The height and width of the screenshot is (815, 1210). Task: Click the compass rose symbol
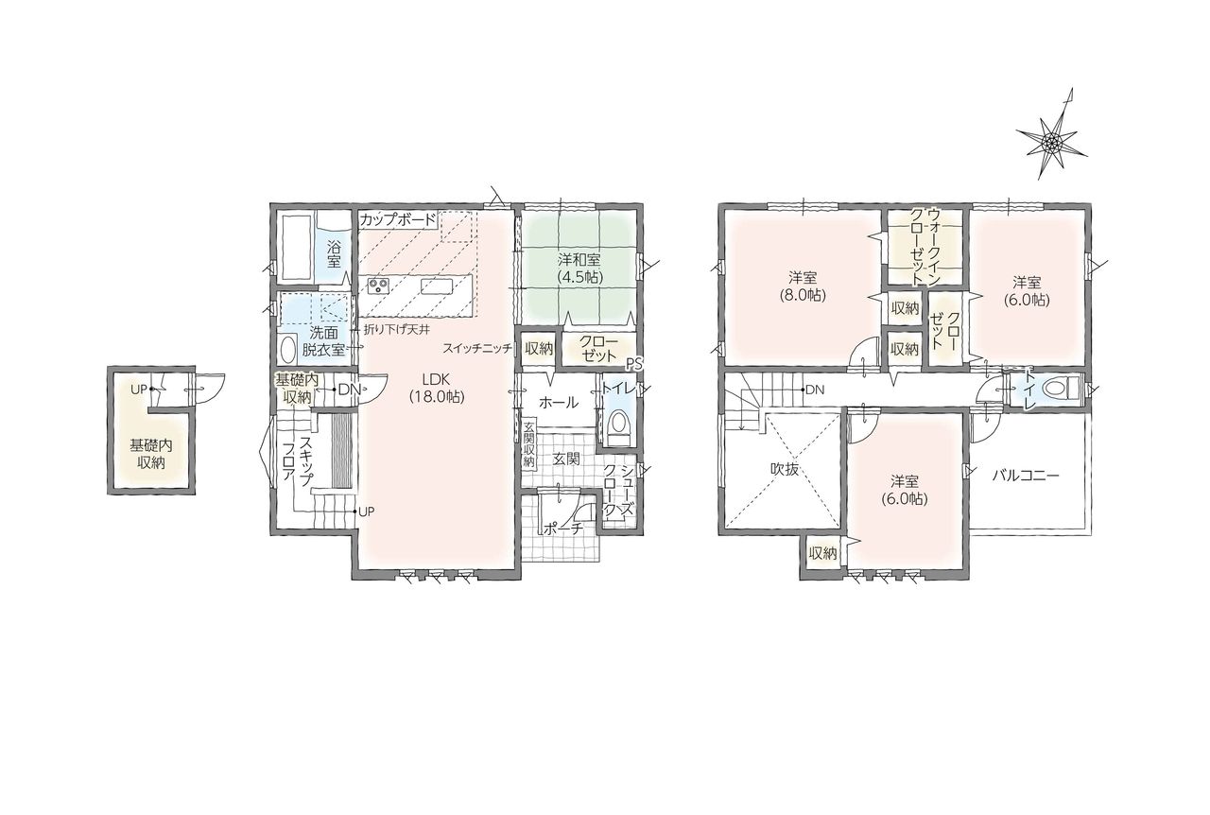click(x=1050, y=143)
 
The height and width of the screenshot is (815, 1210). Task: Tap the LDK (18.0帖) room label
click(x=437, y=387)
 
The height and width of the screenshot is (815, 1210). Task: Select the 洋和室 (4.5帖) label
click(x=579, y=269)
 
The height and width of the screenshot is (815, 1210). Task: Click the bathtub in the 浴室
click(x=295, y=248)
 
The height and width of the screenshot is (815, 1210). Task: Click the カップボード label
click(x=398, y=220)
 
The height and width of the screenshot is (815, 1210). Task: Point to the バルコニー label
click(x=1026, y=476)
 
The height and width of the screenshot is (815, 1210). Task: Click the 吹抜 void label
click(x=785, y=469)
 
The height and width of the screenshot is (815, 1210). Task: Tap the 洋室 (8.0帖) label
click(x=803, y=286)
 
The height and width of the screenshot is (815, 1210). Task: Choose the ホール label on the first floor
click(x=559, y=403)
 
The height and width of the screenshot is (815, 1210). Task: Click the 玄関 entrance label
click(x=566, y=460)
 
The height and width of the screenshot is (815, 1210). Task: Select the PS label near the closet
click(x=633, y=364)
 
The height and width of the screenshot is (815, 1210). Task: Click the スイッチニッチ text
click(x=477, y=349)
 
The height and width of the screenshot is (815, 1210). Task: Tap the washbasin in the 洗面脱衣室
click(x=288, y=350)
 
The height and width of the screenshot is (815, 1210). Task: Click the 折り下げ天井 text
click(x=396, y=329)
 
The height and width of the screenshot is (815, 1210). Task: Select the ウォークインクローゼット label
click(x=925, y=247)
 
